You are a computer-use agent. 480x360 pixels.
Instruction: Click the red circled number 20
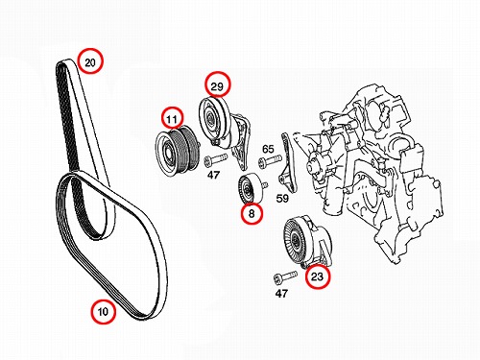(90, 61)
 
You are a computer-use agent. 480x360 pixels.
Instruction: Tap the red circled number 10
(103, 311)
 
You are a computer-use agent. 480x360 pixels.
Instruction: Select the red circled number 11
(172, 119)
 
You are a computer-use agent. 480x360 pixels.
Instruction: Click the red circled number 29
(218, 84)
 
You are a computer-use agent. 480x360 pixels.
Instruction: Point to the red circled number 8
(252, 213)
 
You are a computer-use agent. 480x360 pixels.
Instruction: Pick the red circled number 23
(317, 276)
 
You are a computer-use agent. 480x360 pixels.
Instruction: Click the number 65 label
(268, 149)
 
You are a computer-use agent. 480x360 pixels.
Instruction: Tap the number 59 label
(282, 199)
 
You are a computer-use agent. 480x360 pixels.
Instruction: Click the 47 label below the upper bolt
(214, 175)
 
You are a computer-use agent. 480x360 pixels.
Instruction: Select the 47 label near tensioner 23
(281, 293)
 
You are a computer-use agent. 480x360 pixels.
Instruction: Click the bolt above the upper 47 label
(215, 159)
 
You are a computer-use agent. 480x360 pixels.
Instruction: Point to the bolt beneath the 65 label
(270, 160)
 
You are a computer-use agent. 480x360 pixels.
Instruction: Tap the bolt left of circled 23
(285, 276)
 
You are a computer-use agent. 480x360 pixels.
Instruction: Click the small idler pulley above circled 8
(251, 188)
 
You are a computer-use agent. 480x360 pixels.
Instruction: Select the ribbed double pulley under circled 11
(178, 150)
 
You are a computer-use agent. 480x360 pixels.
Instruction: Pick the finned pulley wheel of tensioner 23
(297, 239)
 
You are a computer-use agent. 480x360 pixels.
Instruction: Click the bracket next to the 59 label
(288, 163)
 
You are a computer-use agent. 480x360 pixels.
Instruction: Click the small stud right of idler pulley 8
(264, 185)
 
